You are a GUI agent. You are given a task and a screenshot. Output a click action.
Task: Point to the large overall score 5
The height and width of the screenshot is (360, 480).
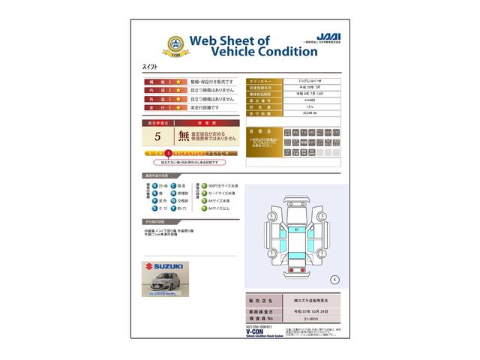pyautogui.click(x=157, y=136)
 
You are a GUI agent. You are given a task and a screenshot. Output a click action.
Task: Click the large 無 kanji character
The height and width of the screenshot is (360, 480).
pyautogui.click(x=184, y=136)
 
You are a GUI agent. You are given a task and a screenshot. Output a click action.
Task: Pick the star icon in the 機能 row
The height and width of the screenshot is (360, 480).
pyautogui.click(x=178, y=81)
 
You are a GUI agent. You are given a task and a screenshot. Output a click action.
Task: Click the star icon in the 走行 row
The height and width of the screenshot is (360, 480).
pyautogui.click(x=178, y=107)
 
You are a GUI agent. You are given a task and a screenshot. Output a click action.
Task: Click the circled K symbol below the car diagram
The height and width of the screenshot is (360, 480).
pyautogui.click(x=334, y=279)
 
